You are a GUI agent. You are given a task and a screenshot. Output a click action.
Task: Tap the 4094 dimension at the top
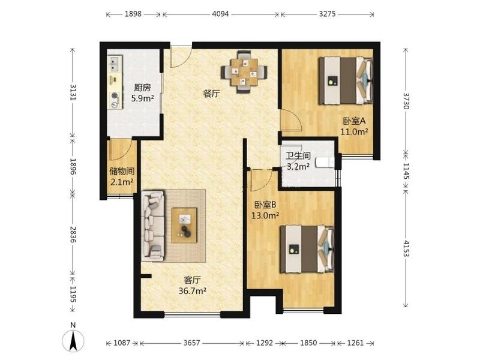[220, 14]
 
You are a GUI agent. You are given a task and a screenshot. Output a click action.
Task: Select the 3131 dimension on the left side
[73, 92]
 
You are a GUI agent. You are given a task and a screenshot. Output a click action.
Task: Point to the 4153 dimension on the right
[406, 248]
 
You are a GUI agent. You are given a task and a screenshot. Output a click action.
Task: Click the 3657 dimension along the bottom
[192, 343]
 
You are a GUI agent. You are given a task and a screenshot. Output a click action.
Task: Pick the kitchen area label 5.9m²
[142, 98]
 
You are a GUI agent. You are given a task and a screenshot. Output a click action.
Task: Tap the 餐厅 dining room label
[212, 94]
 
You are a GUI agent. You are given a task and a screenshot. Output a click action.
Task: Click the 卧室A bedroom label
[354, 121]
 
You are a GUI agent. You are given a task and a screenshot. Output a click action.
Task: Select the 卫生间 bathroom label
[298, 156]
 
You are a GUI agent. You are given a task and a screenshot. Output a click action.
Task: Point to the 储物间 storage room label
[122, 172]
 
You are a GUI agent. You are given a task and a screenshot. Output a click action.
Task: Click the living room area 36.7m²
[192, 291]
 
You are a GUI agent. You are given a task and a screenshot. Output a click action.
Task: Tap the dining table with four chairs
[244, 71]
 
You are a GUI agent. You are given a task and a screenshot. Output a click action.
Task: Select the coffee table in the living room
[184, 226]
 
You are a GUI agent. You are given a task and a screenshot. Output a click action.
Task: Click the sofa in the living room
[153, 227]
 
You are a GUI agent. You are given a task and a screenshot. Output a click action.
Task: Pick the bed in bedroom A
[346, 81]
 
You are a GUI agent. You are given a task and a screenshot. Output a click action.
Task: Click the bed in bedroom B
[307, 249]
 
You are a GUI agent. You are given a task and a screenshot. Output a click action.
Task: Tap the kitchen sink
[115, 64]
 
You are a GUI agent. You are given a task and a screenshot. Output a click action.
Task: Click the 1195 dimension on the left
[73, 294]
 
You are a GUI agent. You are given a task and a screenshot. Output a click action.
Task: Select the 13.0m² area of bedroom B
[265, 215]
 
